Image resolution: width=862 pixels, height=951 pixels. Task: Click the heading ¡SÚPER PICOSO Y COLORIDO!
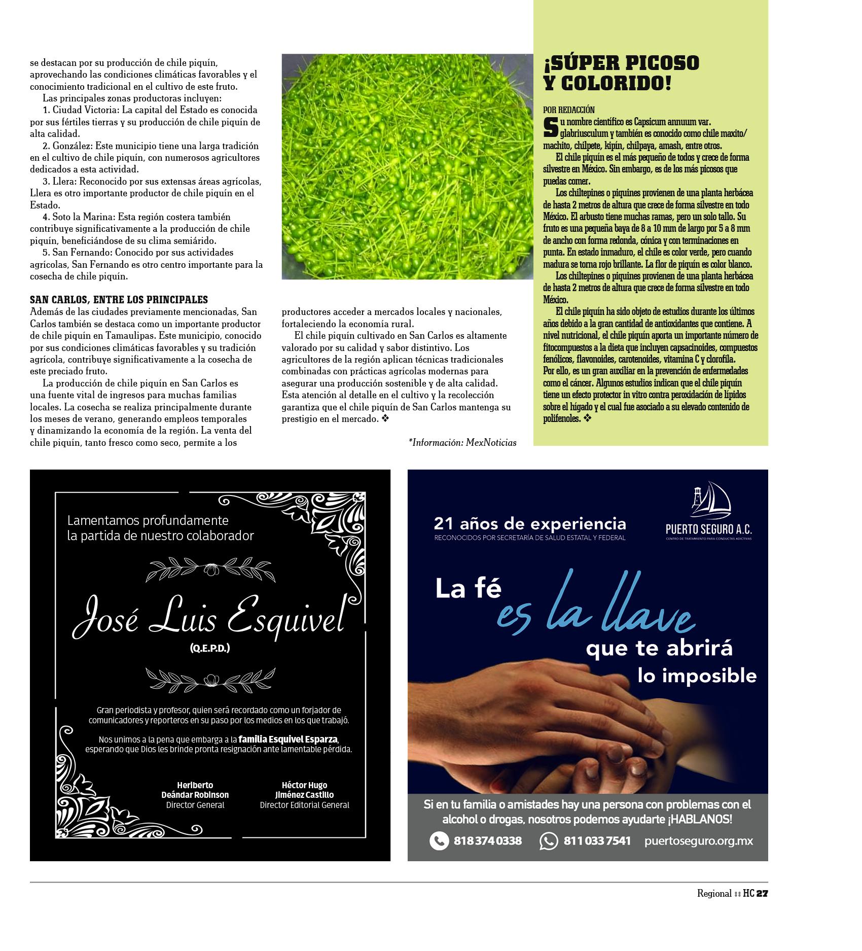coord(621,73)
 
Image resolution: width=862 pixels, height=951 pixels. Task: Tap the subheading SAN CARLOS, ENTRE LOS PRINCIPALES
coord(119,300)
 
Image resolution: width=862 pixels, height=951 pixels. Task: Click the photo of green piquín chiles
coord(407,167)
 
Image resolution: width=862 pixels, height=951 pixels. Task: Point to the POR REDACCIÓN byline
coord(568,110)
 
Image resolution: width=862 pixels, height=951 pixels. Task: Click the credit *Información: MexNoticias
coord(462,443)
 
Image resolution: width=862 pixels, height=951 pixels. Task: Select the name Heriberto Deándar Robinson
coord(195,790)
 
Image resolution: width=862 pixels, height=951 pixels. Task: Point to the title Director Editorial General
coord(304,805)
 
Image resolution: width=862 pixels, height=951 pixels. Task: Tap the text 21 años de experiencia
coord(530,524)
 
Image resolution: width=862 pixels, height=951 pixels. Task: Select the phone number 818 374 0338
coord(487,840)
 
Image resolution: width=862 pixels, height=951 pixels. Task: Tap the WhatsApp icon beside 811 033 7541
coord(548,840)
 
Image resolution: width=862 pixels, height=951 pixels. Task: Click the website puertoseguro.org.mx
coord(698,840)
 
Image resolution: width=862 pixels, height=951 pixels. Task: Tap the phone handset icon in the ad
coord(439,840)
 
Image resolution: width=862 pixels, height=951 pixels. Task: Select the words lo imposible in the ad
coord(697,676)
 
